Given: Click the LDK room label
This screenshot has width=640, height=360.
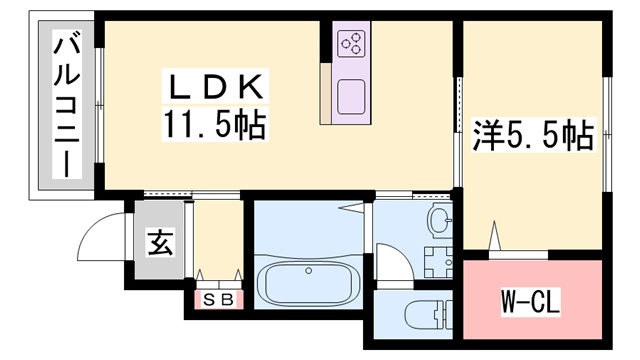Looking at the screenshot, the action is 216,87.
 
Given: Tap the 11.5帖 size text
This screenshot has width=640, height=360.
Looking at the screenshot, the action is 215,125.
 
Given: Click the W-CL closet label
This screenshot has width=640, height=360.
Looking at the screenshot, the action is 531,302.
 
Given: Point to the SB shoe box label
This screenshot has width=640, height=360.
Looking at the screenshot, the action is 218,300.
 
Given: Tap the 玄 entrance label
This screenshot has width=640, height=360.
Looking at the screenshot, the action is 160,242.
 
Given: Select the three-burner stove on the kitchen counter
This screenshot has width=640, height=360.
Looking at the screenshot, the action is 351,44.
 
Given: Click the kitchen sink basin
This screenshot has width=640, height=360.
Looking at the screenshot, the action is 351,97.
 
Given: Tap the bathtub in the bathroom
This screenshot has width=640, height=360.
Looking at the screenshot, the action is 308,282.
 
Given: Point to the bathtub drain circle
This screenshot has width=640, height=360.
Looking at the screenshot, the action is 309,270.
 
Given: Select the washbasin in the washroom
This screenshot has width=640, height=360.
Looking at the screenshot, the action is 440,221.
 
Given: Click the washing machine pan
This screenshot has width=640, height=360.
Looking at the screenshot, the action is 438,262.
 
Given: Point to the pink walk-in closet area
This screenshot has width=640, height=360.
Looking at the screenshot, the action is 533,299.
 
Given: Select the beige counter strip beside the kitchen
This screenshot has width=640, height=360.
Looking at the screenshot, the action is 326,93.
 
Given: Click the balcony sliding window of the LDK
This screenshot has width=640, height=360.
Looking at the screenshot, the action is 99,106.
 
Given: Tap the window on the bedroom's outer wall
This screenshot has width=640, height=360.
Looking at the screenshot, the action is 607,134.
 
